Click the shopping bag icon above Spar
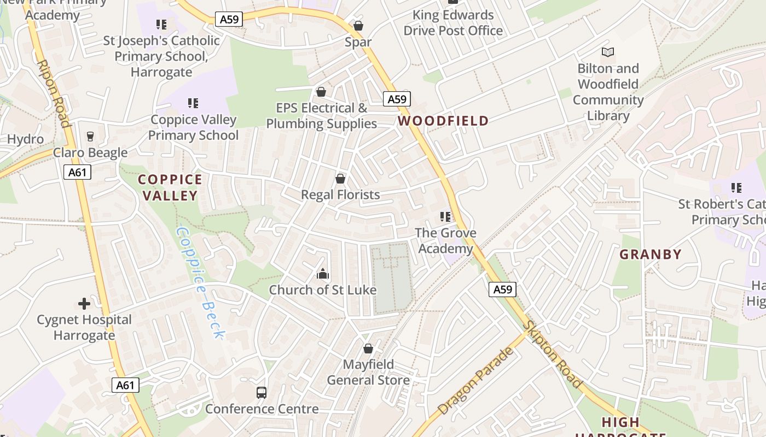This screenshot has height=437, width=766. [358, 26]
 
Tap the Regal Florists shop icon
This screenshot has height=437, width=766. [340, 179]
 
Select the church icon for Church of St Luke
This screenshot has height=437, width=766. [323, 274]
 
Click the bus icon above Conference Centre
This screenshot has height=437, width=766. [262, 392]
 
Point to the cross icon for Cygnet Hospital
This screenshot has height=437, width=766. [84, 303]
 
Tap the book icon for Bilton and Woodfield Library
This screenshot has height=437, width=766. [608, 52]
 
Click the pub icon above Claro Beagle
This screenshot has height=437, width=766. [90, 136]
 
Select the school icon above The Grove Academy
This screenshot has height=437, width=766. [445, 217]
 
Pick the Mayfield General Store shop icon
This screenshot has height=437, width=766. [368, 348]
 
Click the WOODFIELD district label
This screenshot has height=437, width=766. [443, 121]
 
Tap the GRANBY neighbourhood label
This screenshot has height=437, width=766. [651, 254]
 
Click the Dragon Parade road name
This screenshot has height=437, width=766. [476, 380]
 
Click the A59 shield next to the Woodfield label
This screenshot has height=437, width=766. [397, 99]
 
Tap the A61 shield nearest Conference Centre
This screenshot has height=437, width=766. [125, 385]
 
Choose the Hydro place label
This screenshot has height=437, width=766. [25, 139]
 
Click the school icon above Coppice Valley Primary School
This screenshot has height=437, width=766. [193, 103]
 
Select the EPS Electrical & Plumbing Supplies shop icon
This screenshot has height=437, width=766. [321, 91]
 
